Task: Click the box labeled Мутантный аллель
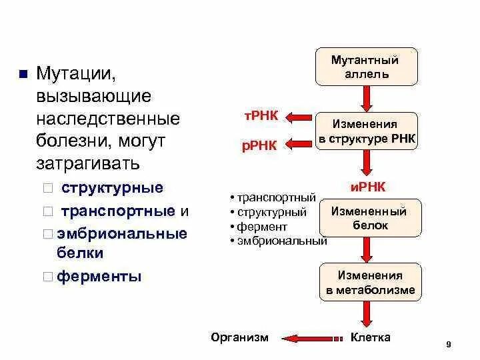pyautogui.click(x=366, y=67)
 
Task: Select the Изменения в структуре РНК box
pyautogui.click(x=366, y=131)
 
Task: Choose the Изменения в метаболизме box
pyautogui.click(x=371, y=283)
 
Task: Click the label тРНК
pyautogui.click(x=260, y=116)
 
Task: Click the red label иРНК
pyautogui.click(x=368, y=187)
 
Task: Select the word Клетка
pyautogui.click(x=371, y=337)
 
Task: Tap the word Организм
pyautogui.click(x=240, y=337)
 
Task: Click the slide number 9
pyautogui.click(x=449, y=344)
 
